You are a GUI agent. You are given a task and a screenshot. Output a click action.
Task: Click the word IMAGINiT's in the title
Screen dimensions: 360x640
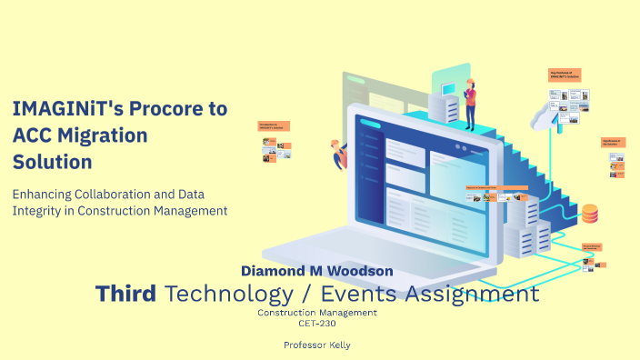[x=60, y=109]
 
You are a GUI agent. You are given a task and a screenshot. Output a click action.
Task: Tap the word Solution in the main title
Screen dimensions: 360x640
[x=52, y=163]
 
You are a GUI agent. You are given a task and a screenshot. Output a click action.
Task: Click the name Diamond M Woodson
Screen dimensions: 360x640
[x=316, y=271]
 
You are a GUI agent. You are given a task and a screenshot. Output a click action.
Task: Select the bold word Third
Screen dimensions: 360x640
[x=127, y=294]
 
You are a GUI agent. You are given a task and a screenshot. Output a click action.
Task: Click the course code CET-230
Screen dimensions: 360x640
[x=317, y=322]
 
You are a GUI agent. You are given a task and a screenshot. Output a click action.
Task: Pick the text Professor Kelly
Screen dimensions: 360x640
[x=317, y=345]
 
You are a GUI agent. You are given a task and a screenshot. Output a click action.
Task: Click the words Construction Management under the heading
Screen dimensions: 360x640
[x=317, y=312]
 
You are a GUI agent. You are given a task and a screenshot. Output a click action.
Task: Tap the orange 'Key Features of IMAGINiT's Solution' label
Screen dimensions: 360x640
[x=565, y=75]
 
